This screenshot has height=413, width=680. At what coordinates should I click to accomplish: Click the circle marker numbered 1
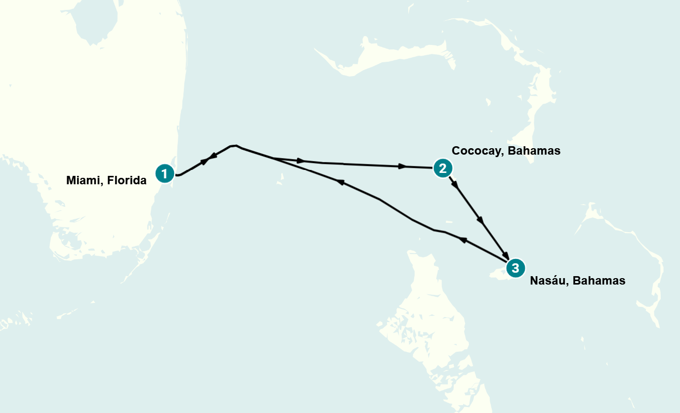165,173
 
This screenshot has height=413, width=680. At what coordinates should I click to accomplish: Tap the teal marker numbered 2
442,168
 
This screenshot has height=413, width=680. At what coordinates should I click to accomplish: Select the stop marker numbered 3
515,268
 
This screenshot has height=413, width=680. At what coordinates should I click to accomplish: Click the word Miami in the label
83,181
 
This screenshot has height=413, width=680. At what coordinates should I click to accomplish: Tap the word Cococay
476,151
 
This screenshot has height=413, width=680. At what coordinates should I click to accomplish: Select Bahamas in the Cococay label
536,151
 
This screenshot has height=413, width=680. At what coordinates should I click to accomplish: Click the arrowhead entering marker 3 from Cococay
505,254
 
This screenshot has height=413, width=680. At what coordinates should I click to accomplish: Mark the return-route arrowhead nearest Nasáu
462,240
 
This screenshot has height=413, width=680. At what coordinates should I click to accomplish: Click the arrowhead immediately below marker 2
455,186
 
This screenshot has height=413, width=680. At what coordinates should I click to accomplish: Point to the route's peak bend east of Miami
234,146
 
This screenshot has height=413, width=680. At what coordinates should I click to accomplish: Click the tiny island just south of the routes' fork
280,181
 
